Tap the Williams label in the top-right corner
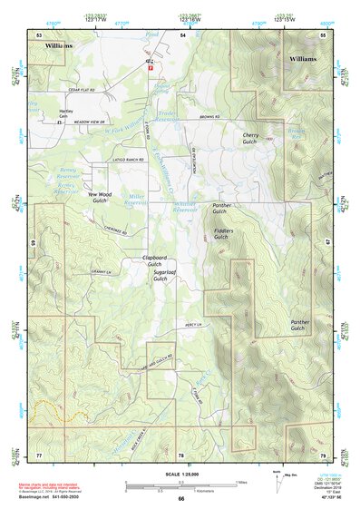coord(304,58)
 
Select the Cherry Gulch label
coord(251,139)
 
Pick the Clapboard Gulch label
coord(160,262)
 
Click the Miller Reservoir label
coord(136,200)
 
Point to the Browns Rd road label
coord(210,117)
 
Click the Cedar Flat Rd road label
coord(81,90)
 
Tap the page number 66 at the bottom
coord(180,498)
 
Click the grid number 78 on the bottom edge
coord(180,455)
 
